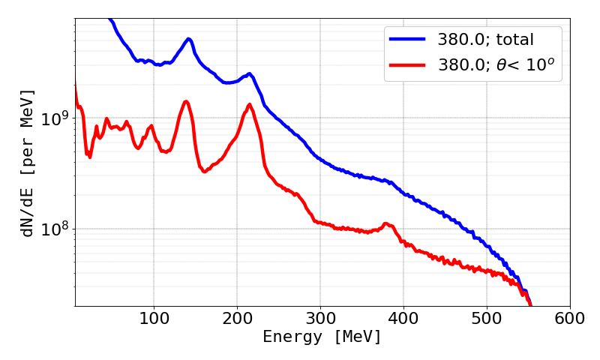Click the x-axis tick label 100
(154, 318)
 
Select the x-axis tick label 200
(237, 318)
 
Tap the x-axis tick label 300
(320, 318)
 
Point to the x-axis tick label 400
(403, 318)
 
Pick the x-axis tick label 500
(487, 318)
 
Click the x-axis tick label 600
(569, 318)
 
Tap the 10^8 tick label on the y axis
(52, 228)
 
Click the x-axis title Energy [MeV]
(322, 337)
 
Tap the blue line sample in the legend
(406, 37)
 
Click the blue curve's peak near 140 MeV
(188, 39)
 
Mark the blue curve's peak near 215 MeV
(250, 74)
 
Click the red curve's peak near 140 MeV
(186, 102)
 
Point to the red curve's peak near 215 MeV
(250, 105)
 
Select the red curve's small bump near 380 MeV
(385, 223)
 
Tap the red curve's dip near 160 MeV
(204, 172)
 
